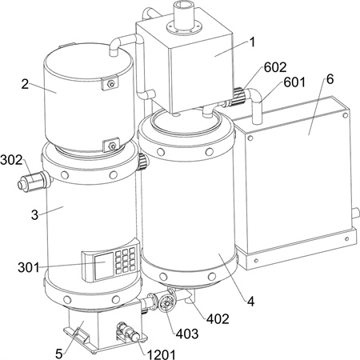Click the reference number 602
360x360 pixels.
tap(275, 67)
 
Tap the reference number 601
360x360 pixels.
tap(294, 82)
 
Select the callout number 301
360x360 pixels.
tap(29, 267)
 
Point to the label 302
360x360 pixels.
tap(11, 160)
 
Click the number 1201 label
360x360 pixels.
tap(162, 354)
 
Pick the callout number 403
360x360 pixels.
tap(187, 334)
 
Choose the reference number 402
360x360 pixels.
tap(218, 318)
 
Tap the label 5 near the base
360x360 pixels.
tap(59, 354)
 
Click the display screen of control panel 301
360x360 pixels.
tap(103, 266)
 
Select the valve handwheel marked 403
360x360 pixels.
tap(166, 303)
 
